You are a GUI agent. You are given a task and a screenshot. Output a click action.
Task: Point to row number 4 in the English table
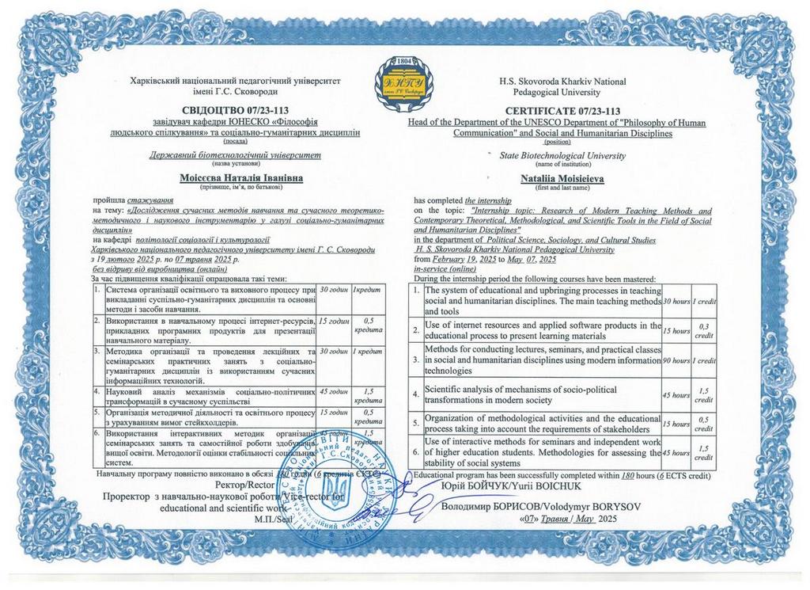tap(417, 394)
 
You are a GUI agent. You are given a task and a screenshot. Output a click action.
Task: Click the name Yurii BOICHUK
tap(577, 486)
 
